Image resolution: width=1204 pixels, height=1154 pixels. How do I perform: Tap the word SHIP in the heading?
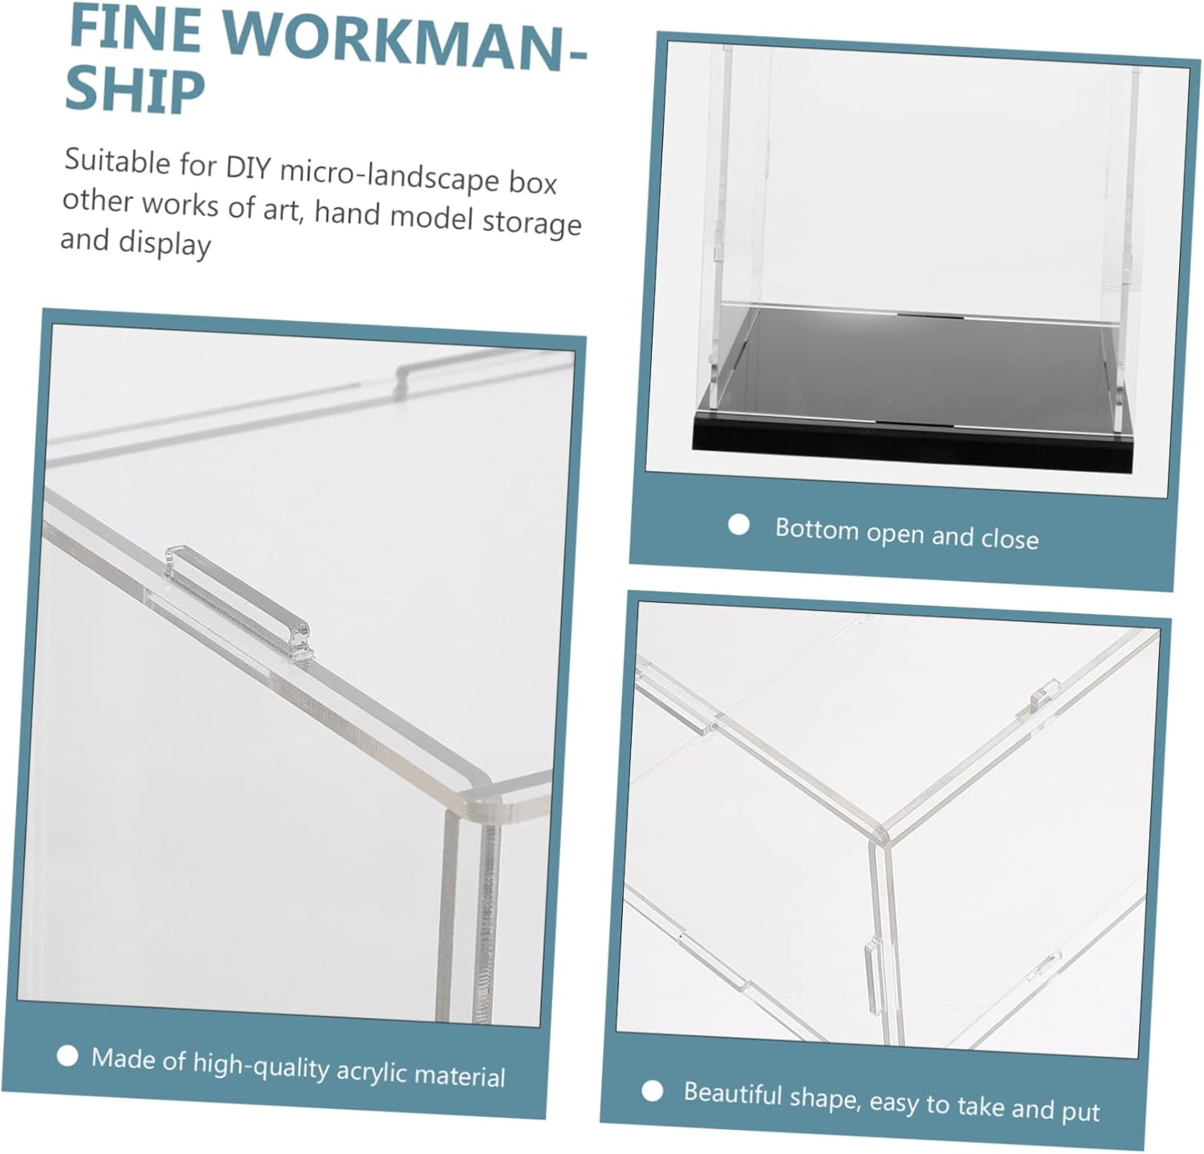click(x=135, y=91)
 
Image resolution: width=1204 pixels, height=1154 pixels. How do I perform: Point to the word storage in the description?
click(x=531, y=221)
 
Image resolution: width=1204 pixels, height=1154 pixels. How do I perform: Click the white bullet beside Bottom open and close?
click(x=738, y=526)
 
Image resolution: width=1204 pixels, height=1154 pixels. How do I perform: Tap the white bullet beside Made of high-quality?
click(x=68, y=1055)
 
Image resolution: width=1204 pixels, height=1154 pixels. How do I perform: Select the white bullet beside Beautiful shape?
click(x=653, y=1091)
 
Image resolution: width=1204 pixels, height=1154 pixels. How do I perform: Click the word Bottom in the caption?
click(x=816, y=530)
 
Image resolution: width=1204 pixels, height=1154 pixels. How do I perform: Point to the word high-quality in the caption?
click(x=261, y=1065)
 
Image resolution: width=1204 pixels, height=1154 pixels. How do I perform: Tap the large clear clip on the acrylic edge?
click(x=238, y=603)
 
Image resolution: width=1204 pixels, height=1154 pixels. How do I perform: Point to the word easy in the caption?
click(x=893, y=1103)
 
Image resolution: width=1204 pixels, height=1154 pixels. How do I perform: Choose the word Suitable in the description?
click(x=118, y=161)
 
